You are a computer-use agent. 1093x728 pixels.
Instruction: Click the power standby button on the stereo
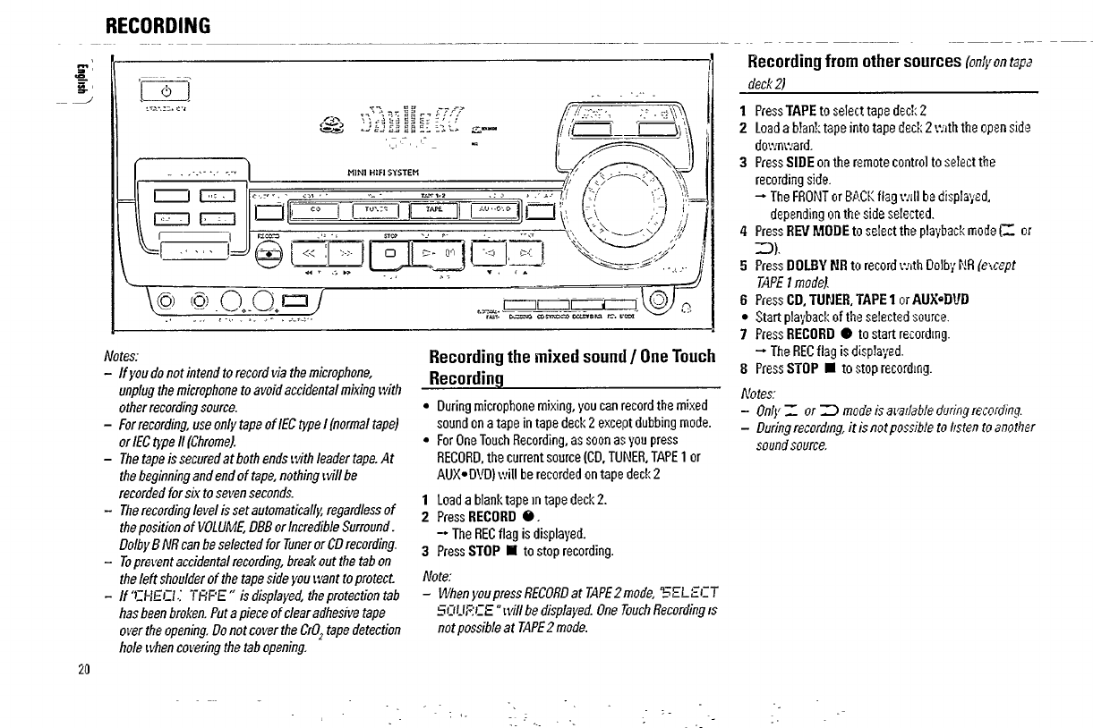pos(160,92)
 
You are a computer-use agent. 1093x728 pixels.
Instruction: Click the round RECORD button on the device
pos(268,255)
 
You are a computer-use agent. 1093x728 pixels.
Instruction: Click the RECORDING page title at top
pos(158,25)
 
